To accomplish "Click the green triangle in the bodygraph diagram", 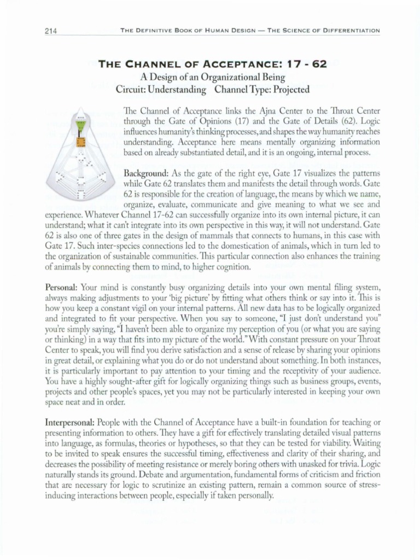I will coord(81,124).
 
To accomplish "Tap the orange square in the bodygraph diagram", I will coord(81,143).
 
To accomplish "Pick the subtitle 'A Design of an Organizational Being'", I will coord(212,77).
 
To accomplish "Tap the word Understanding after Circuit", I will coord(178,89).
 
